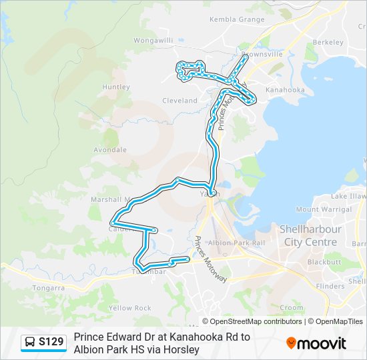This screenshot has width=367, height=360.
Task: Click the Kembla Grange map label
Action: click(x=237, y=19)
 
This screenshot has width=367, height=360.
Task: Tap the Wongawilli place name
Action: click(x=153, y=40)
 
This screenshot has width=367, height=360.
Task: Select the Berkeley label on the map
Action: click(x=328, y=42)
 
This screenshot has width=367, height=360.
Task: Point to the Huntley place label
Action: click(x=115, y=87)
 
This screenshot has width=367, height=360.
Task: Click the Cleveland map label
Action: click(x=179, y=101)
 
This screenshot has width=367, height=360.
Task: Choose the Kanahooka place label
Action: click(x=285, y=89)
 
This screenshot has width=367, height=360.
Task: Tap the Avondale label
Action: click(x=110, y=150)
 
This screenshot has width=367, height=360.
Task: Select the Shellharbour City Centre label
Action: click(x=311, y=236)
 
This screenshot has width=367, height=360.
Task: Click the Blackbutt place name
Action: click(x=325, y=262)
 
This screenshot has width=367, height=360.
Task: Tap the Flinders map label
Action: click(x=330, y=286)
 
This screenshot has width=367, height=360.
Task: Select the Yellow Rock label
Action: click(x=130, y=308)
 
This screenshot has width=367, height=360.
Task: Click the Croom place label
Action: click(x=292, y=307)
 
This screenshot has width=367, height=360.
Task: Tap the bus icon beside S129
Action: click(x=30, y=343)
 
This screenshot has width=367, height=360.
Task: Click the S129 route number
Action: click(x=51, y=343)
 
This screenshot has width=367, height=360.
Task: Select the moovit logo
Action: click(x=316, y=343)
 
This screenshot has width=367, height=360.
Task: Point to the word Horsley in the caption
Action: click(x=181, y=349)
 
